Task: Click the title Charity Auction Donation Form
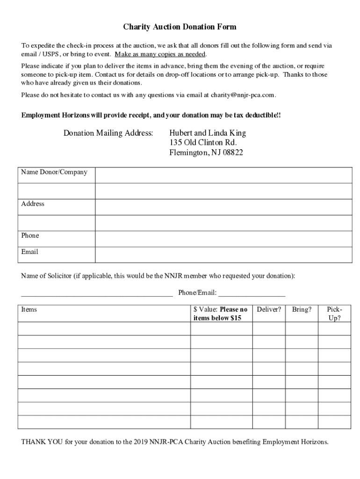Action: (180, 27)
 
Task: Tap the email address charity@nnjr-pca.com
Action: (243, 95)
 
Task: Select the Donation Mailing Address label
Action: (108, 133)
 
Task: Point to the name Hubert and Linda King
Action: (207, 133)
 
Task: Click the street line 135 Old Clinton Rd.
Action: (203, 143)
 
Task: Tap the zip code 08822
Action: (232, 152)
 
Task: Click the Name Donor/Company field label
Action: (54, 172)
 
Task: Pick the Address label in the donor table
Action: (33, 204)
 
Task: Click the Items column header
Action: (29, 310)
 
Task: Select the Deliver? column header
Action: (269, 310)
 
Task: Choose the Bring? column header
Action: (302, 310)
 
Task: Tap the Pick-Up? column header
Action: (334, 313)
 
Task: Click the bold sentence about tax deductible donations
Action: (151, 115)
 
